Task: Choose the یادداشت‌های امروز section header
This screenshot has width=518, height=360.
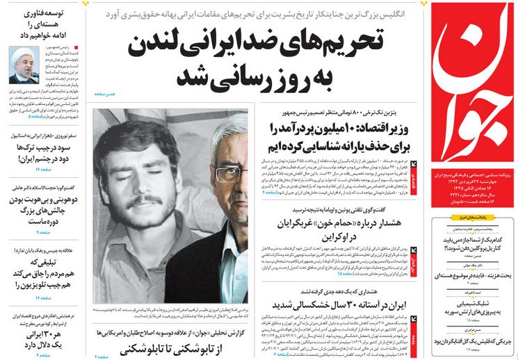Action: tap(473, 220)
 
